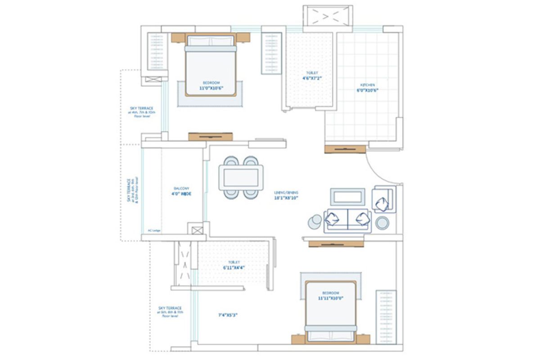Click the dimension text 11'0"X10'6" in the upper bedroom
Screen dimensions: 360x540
coord(211,89)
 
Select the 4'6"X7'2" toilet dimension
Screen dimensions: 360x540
coord(312,78)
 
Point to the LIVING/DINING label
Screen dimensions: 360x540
coord(286,193)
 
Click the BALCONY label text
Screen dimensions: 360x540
coord(181,189)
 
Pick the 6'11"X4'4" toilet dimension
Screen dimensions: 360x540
coord(234,267)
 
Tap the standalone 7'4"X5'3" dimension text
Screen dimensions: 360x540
coord(227,315)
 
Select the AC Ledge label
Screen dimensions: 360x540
coord(154,230)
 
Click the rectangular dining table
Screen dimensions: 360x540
coord(241,177)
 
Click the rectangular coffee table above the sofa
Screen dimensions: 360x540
coord(347,197)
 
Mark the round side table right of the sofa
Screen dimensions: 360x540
coord(382,223)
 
